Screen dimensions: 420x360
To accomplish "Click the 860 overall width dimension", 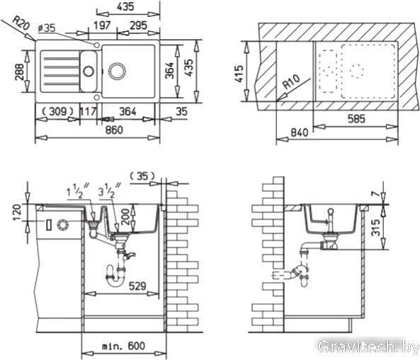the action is (114, 130).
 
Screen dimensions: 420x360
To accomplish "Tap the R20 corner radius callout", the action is (21, 23).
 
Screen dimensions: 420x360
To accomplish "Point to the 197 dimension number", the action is (102, 26).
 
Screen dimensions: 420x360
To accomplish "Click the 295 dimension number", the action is (139, 26).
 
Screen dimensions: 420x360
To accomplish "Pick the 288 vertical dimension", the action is (20, 72).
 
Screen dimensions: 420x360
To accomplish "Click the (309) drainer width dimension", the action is (57, 111).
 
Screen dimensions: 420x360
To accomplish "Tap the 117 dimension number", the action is (88, 111).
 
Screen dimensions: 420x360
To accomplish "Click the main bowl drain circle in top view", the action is (117, 71).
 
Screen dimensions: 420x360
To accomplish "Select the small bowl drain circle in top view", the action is (89, 71).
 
